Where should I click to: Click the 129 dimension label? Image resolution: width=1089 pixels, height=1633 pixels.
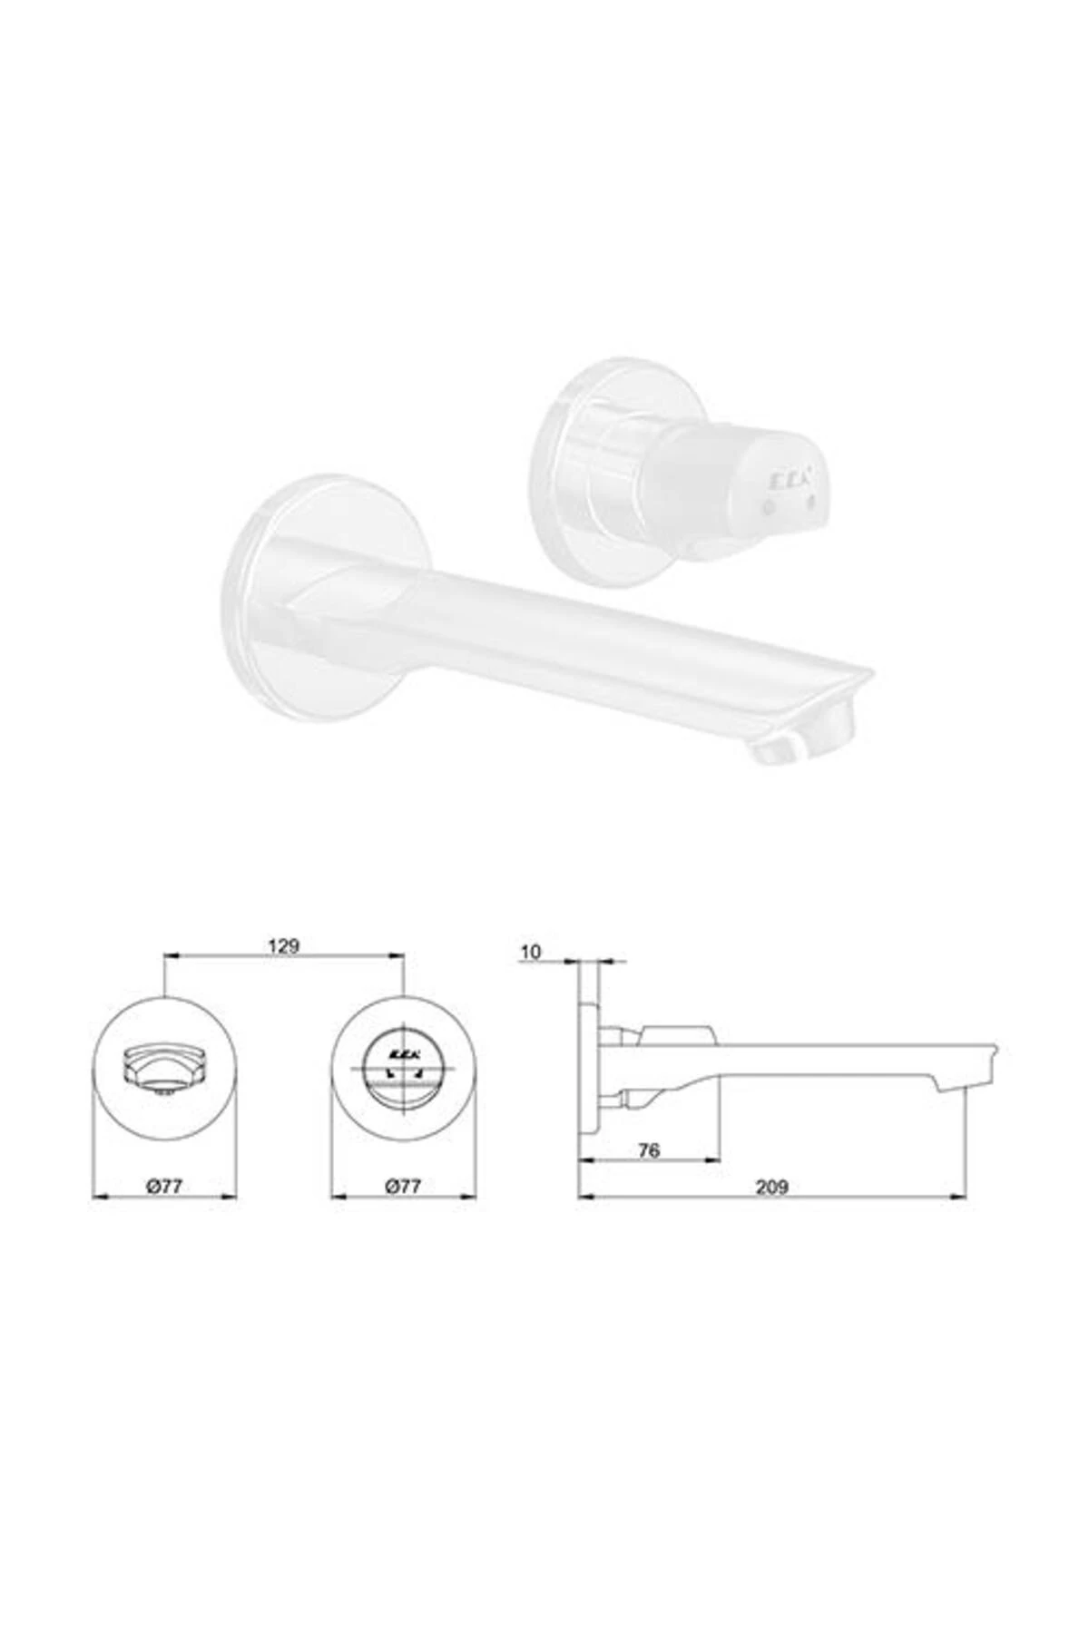pyautogui.click(x=283, y=945)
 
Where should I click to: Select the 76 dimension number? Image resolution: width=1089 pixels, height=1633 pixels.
pyautogui.click(x=648, y=1151)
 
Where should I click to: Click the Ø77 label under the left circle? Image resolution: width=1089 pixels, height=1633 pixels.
pyautogui.click(x=165, y=1186)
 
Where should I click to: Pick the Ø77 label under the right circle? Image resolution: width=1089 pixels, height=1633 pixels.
pyautogui.click(x=403, y=1186)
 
